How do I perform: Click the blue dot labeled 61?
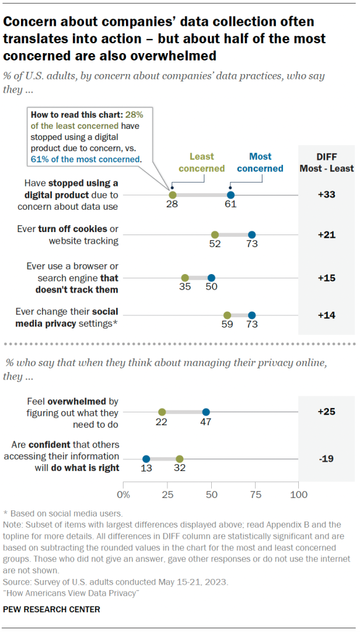[230, 194]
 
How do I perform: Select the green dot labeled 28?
[172, 194]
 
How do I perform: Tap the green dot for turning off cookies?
[215, 235]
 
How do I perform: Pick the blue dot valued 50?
[211, 278]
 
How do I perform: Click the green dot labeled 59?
[227, 315]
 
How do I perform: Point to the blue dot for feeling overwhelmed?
[206, 412]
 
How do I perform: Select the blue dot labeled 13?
[146, 459]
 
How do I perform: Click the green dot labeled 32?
[180, 459]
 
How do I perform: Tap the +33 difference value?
[326, 194]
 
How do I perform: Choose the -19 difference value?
[326, 459]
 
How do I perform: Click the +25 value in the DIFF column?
[326, 412]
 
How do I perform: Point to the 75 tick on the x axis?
[255, 494]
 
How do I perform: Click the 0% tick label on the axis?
[123, 494]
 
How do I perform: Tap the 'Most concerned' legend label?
[260, 162]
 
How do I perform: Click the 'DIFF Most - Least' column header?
[326, 162]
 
